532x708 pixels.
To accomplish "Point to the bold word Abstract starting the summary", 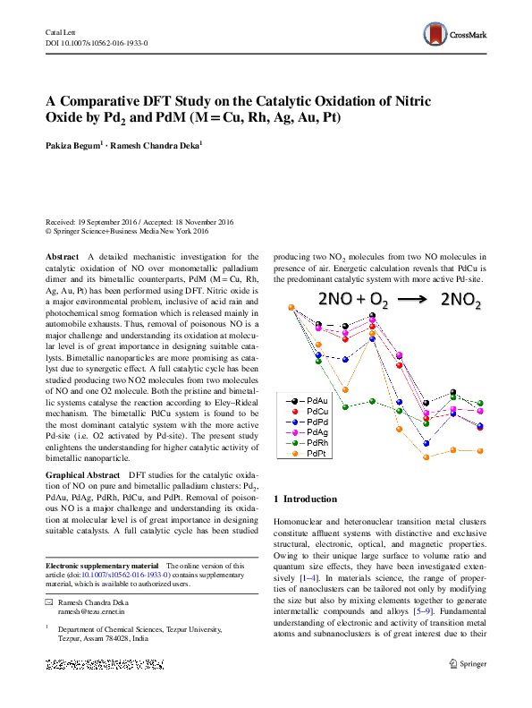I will click(x=62, y=256).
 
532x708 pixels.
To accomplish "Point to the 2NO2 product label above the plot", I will click(x=460, y=303).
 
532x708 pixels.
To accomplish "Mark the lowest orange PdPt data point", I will click(x=426, y=456).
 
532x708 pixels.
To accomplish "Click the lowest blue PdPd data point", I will click(x=427, y=442).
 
